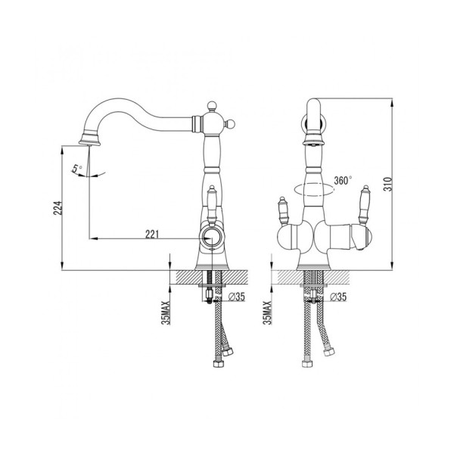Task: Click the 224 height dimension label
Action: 58,208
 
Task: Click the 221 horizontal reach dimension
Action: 152,234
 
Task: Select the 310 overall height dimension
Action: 387,184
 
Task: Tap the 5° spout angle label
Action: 77,168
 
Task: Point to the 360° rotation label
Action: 343,180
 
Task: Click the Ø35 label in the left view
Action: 237,297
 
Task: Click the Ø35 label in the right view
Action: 338,297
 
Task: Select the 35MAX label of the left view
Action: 166,313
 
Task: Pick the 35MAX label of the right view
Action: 268,313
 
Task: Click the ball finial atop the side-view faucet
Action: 212,105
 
